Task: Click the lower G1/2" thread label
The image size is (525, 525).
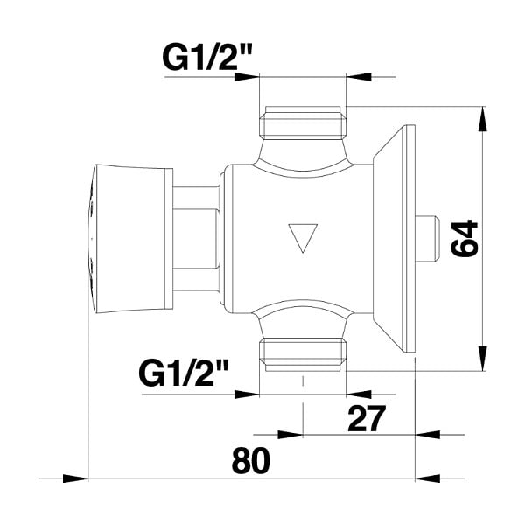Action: click(184, 374)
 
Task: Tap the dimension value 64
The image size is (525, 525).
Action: click(465, 238)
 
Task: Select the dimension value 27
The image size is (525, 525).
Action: click(367, 418)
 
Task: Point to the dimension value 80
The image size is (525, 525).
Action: click(250, 461)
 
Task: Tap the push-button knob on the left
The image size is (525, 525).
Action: click(130, 239)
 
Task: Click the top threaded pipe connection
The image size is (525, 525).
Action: click(303, 122)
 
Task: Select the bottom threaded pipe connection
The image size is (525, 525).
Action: click(303, 355)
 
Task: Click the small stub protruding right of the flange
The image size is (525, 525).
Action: click(427, 239)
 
